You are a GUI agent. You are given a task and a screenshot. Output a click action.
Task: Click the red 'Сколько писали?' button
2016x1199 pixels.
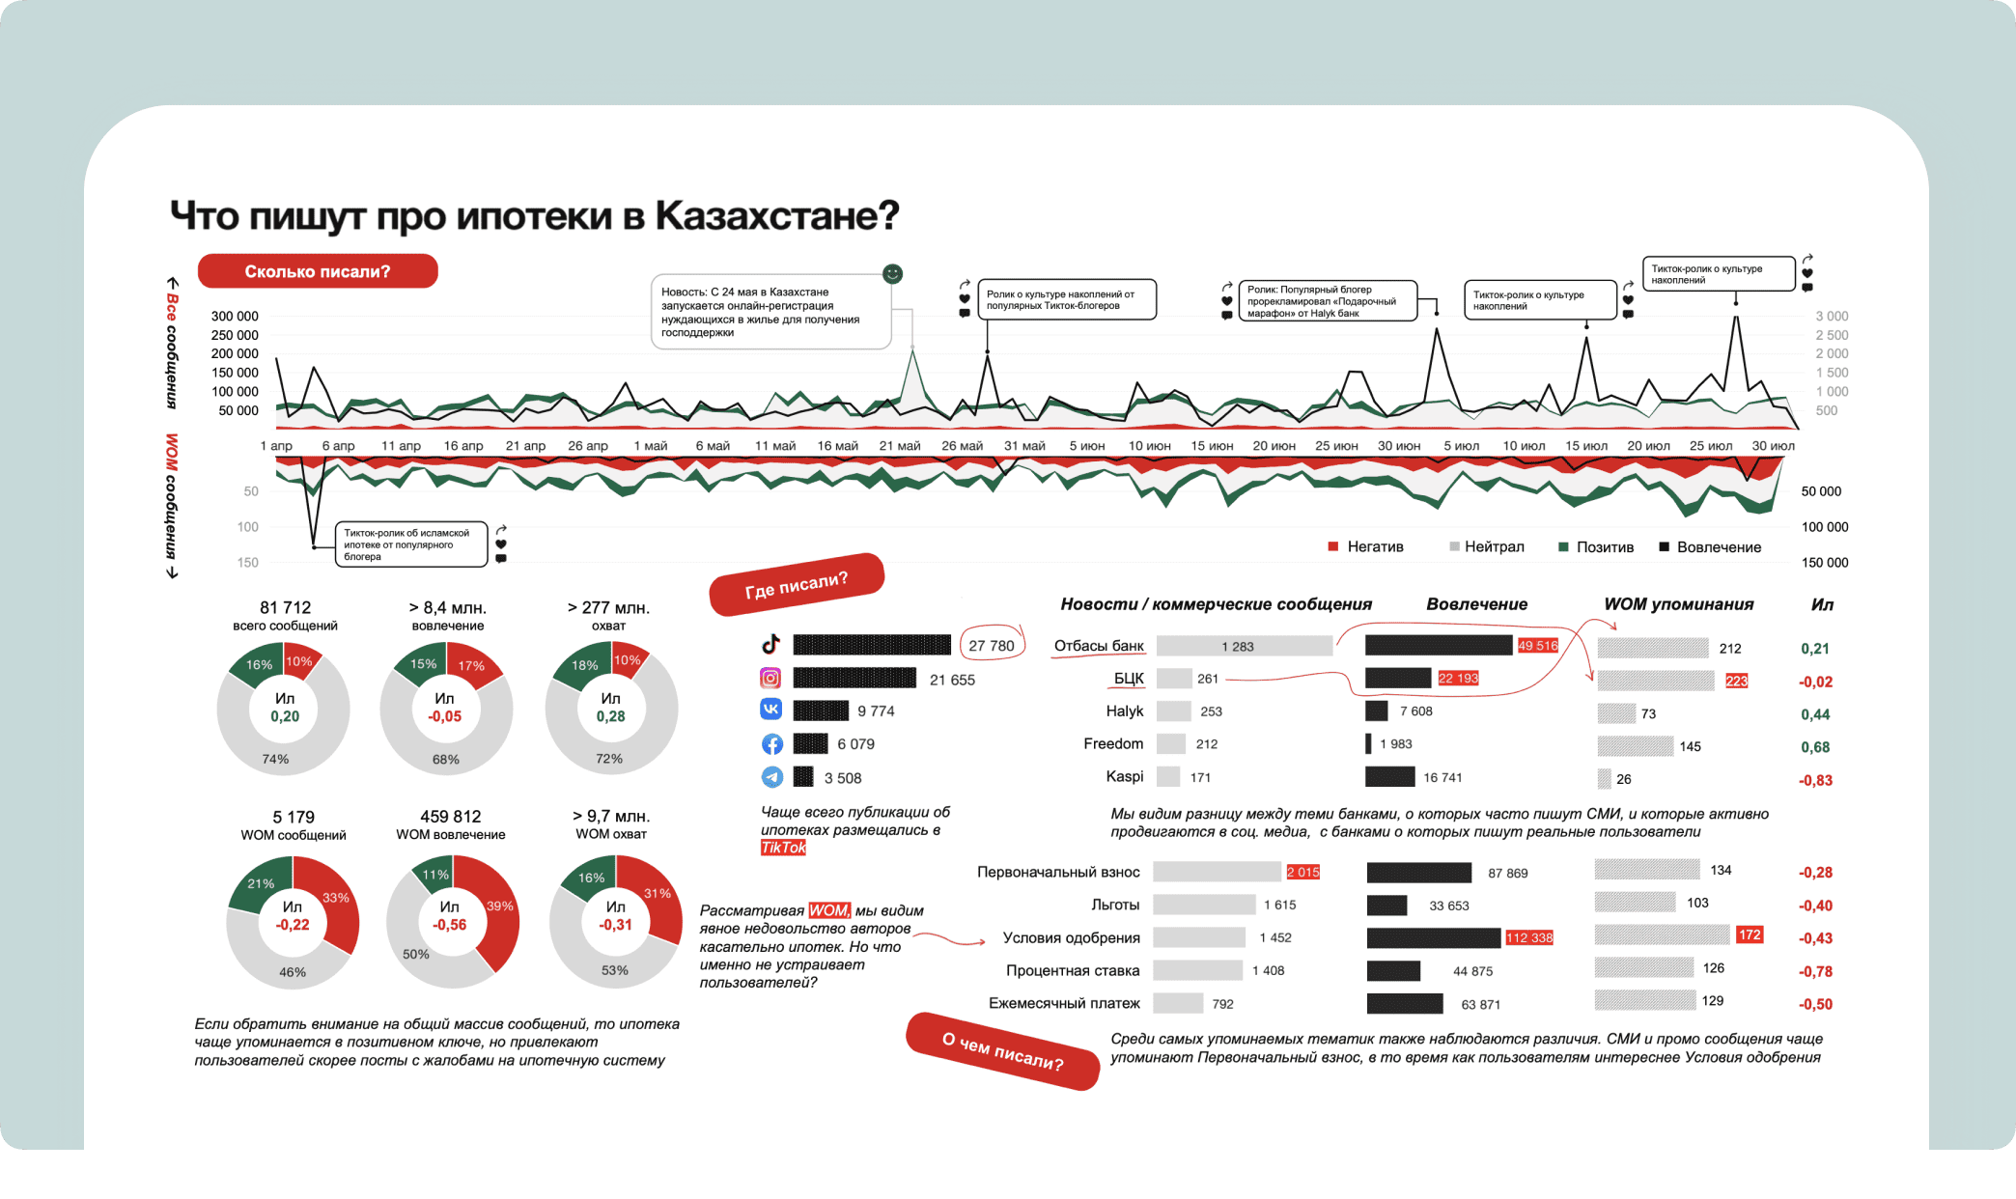[x=318, y=271]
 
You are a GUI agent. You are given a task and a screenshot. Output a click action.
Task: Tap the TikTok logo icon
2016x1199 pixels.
[x=770, y=645]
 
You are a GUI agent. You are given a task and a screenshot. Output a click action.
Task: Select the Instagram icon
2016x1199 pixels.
[x=770, y=679]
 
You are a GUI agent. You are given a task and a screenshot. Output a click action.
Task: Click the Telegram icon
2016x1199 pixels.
[x=771, y=777]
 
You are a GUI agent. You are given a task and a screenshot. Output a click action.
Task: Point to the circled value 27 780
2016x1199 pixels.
[x=992, y=646]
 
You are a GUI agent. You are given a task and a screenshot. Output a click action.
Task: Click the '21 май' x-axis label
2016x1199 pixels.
[x=900, y=446]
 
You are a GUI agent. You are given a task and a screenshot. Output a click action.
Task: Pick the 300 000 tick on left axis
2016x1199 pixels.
[x=235, y=317]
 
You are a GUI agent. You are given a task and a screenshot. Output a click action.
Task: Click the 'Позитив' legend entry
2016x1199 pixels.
[x=1605, y=547]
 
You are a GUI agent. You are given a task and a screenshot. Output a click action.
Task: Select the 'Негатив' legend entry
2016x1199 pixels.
[x=1375, y=547]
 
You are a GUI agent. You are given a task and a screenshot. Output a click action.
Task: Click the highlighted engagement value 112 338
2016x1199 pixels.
[x=1529, y=937]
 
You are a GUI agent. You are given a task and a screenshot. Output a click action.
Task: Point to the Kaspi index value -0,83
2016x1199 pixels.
[x=1815, y=780]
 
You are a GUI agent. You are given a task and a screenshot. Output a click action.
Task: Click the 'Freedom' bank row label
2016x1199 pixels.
[x=1113, y=743]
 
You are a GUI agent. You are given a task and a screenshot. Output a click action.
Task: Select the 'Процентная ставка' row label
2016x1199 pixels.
[x=1073, y=970]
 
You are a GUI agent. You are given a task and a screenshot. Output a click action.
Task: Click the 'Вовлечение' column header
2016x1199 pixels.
[x=1476, y=604]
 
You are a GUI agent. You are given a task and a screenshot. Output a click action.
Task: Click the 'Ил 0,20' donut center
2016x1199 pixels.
[x=285, y=708]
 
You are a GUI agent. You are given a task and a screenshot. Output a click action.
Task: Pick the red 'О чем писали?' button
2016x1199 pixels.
[x=1002, y=1051]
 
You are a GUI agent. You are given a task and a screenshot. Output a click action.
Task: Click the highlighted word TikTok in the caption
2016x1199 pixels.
[x=783, y=848]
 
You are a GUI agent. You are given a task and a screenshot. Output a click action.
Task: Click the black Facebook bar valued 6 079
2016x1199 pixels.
[x=810, y=744]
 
